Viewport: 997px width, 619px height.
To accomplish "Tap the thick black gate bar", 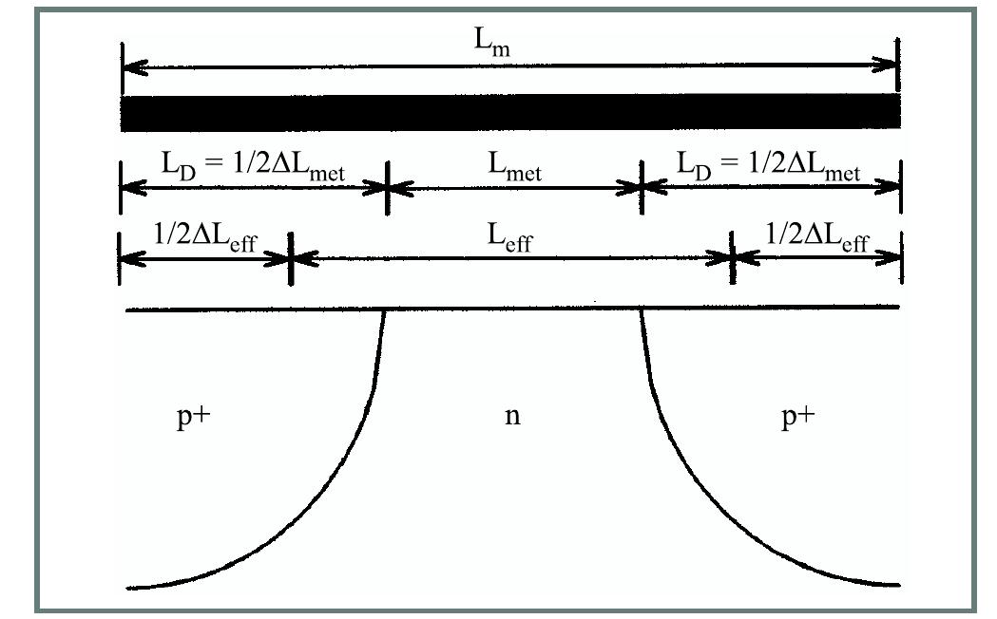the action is pos(509,112).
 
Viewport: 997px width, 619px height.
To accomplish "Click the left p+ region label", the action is pos(192,418).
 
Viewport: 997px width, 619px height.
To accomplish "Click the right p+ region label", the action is pos(797,418).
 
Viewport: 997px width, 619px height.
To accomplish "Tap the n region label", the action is pos(512,418).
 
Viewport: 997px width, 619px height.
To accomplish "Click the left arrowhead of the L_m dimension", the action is pos(133,67).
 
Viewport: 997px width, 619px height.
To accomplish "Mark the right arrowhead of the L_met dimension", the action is pos(630,188).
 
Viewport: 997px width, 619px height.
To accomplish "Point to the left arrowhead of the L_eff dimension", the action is pos(298,256).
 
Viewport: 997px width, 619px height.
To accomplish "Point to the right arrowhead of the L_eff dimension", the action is pos(720,256).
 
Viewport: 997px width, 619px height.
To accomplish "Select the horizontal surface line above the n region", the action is pos(513,308).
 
